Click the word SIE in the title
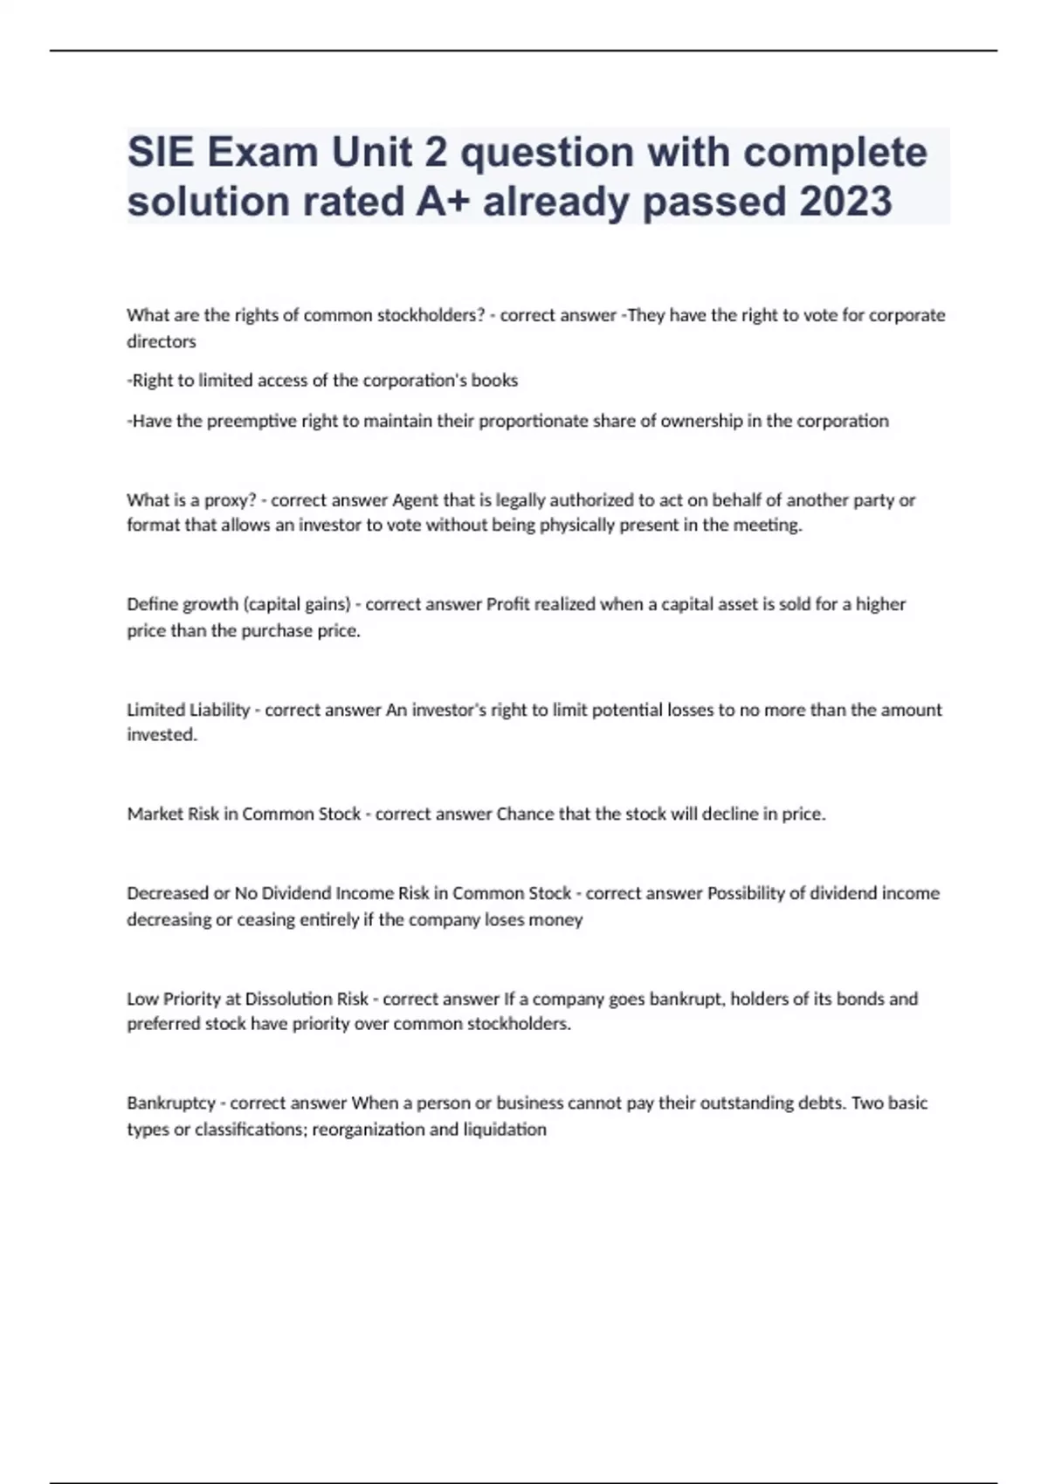coord(161,153)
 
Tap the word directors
coord(162,341)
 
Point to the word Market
coord(155,814)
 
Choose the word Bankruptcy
coord(171,1103)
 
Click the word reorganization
coord(369,1130)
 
